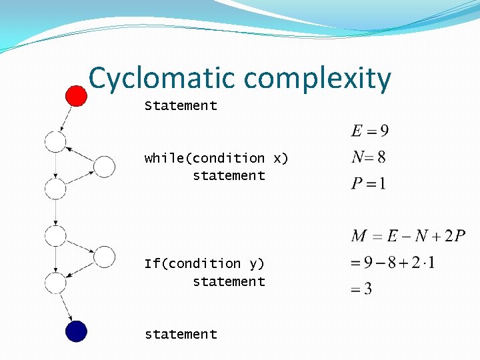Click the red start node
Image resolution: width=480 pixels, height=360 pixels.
pos(76,95)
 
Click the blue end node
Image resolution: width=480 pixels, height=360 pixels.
pos(76,331)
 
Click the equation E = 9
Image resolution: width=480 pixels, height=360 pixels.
pos(370,131)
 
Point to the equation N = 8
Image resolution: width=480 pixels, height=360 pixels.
pos(368,157)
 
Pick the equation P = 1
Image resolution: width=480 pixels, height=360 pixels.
pos(368,183)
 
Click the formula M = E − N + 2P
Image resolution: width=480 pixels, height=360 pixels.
pos(407,236)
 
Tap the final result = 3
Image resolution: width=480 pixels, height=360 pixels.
pos(361,289)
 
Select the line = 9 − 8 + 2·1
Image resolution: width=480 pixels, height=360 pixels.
pos(393,262)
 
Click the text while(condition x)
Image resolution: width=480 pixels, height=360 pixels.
pos(216,158)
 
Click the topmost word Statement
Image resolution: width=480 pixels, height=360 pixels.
pos(181,105)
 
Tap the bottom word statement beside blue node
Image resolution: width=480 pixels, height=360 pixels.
pos(181,334)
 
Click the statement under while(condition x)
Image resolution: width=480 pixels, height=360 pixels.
pos(229,175)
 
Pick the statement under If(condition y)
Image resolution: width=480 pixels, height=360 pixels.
pos(229,281)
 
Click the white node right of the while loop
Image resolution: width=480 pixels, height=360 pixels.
pos(104,166)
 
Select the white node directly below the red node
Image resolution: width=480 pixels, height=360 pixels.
pos(55,141)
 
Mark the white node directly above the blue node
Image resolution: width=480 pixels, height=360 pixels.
pos(55,283)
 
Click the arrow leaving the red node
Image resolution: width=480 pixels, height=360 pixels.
pos(65,118)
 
